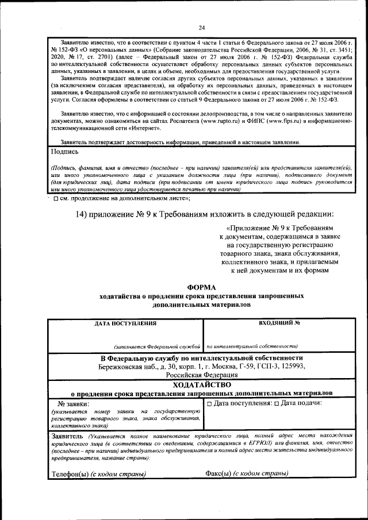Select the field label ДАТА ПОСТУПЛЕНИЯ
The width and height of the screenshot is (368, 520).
[126, 323]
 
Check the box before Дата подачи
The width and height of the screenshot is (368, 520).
[277, 403]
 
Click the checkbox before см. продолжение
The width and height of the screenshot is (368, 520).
[55, 198]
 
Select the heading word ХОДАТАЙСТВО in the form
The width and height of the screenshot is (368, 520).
[201, 384]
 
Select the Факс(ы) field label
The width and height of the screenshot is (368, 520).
[218, 474]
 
